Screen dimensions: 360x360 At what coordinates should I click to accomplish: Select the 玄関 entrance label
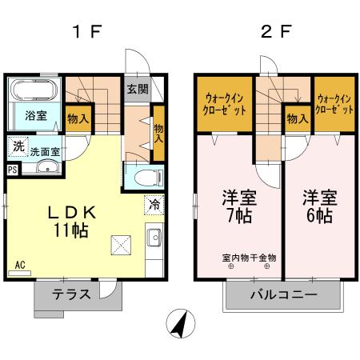pos(136,89)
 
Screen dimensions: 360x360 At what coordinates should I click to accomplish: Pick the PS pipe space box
pos(12,169)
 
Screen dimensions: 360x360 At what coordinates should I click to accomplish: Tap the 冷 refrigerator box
pos(153,204)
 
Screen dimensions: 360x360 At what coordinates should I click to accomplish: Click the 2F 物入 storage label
pos(297,118)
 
